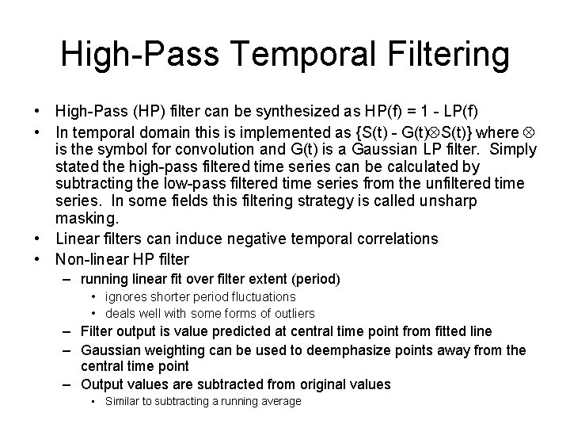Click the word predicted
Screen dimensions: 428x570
(x=237, y=331)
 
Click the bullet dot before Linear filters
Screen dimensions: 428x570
(x=38, y=239)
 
